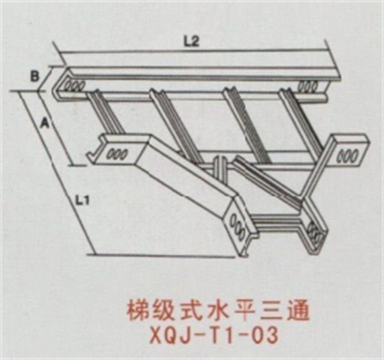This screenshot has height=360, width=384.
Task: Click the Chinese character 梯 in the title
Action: click(x=132, y=311)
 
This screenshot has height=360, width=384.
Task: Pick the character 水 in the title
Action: click(x=204, y=311)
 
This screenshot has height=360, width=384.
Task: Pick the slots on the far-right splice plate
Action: click(x=348, y=154)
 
